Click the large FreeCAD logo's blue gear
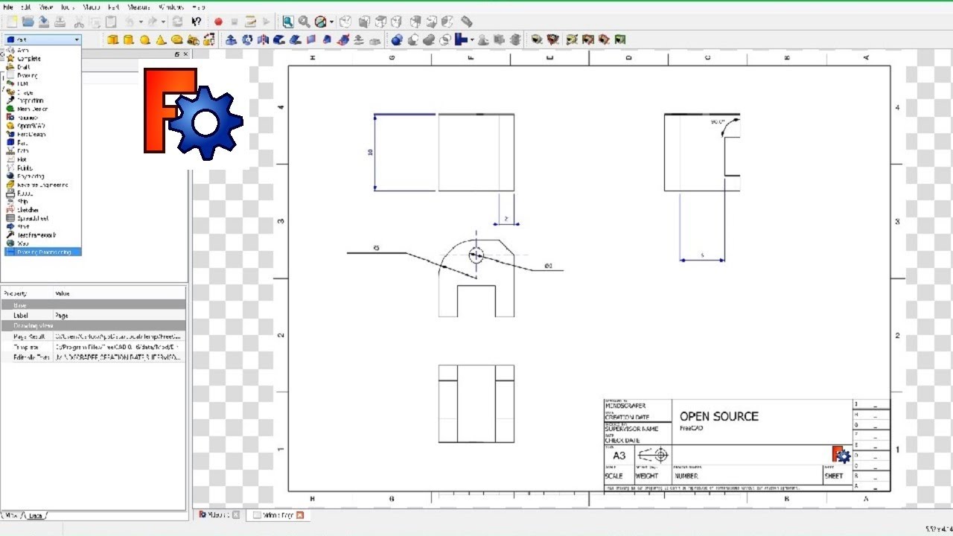205,123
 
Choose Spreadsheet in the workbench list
33,219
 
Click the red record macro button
218,22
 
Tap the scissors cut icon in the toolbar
78,22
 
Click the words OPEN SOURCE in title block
718,416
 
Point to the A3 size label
619,456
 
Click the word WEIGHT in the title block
646,476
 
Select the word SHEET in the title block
834,476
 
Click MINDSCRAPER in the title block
625,406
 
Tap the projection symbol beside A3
654,454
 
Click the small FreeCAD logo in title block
841,454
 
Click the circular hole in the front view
476,255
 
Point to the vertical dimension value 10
370,152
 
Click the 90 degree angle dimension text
718,121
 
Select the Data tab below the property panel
36,515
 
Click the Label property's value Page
61,316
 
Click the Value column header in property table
63,294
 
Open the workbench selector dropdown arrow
76,39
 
